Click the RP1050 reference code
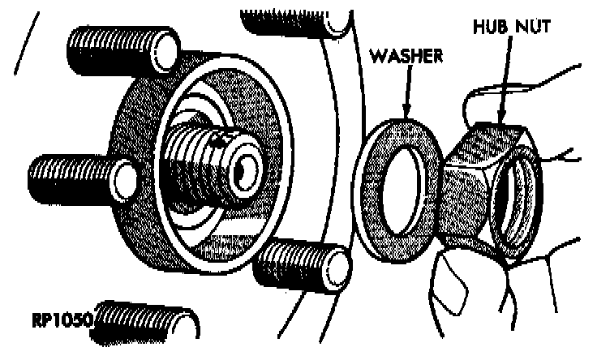coord(62,319)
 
